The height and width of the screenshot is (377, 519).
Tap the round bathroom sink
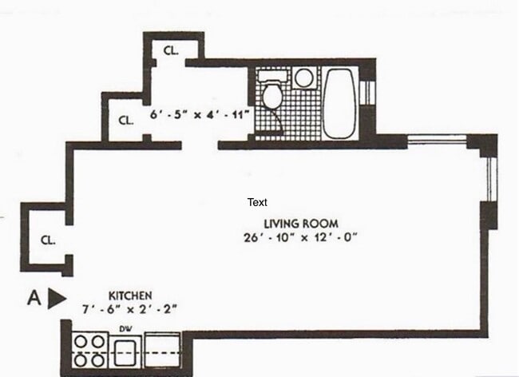tap(303, 78)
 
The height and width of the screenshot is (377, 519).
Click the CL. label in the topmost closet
tap(170, 50)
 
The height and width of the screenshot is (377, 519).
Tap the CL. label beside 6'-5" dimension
tap(125, 121)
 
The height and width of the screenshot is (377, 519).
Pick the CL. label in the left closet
tap(47, 240)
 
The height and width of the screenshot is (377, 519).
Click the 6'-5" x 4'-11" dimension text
tap(200, 115)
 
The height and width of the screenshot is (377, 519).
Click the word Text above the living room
tap(257, 202)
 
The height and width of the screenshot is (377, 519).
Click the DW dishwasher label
tap(125, 328)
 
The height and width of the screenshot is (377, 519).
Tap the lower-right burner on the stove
tap(98, 359)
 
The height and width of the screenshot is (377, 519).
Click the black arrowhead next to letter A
tap(56, 298)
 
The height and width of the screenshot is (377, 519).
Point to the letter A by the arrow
tap(34, 298)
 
